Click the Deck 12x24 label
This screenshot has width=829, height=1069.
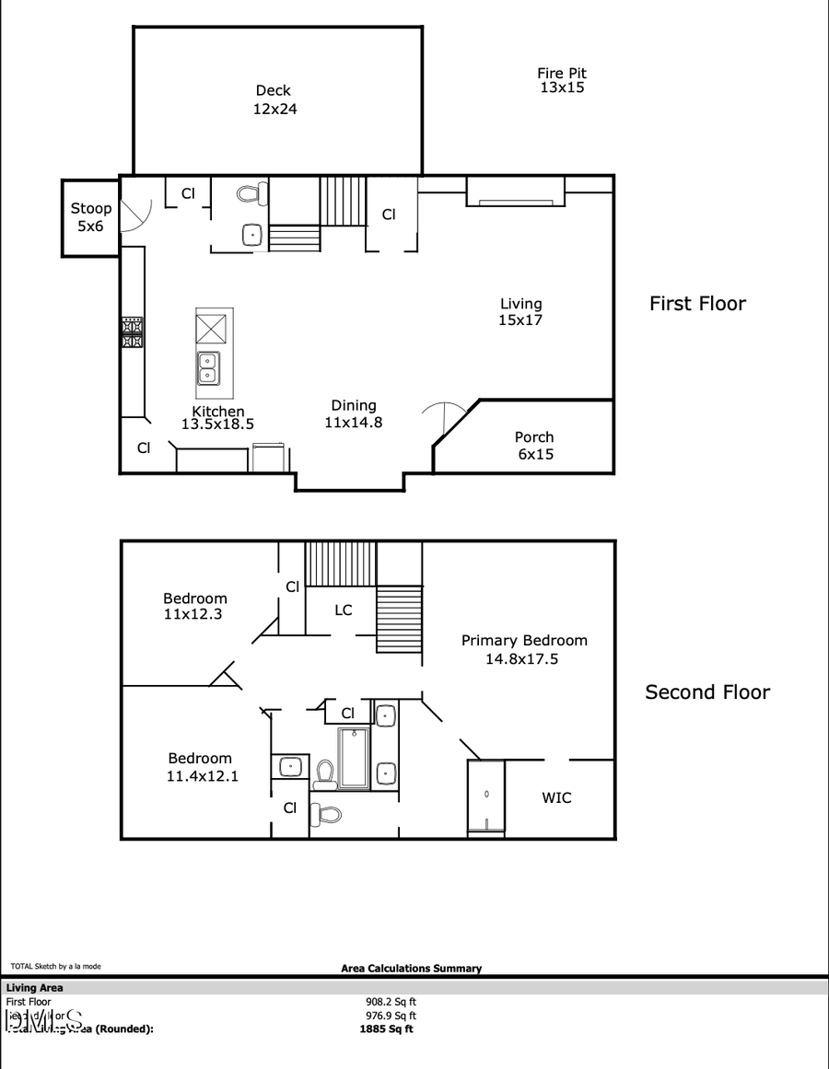[273, 99]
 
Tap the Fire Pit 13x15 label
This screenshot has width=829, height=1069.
[562, 81]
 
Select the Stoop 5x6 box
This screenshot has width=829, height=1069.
[90, 217]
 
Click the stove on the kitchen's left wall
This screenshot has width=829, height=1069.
[132, 331]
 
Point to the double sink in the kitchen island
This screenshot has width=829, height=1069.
[207, 368]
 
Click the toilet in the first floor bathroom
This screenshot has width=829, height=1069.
[251, 193]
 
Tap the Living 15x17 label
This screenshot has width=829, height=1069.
[520, 312]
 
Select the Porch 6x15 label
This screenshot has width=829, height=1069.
[534, 446]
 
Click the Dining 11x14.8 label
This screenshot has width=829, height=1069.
[354, 414]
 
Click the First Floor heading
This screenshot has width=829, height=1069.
[697, 304]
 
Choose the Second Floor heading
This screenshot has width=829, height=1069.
[706, 692]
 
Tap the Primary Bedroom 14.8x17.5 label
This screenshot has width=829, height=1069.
[524, 649]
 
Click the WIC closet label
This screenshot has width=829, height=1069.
[556, 797]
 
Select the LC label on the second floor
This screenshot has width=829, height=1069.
[343, 610]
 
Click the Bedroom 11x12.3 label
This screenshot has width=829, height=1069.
[195, 606]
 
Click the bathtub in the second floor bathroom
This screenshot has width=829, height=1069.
[354, 758]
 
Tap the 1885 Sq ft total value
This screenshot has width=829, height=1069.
[387, 1029]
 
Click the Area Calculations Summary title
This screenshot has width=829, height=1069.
[411, 968]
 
